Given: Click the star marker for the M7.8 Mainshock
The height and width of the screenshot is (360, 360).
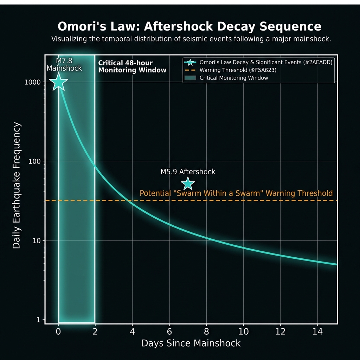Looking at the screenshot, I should (59, 82).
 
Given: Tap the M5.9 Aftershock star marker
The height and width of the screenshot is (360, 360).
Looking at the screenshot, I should (188, 184).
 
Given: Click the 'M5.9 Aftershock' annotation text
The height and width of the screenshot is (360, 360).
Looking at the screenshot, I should (188, 172).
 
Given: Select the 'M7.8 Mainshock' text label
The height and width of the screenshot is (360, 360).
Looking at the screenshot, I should (64, 65).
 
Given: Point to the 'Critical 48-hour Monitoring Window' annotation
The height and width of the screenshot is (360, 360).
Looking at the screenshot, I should (132, 66).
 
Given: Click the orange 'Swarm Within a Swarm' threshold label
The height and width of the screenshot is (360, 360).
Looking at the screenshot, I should (236, 193).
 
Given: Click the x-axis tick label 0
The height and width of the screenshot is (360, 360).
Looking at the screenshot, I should (59, 332).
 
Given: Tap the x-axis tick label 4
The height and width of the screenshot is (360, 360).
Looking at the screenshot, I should (132, 332).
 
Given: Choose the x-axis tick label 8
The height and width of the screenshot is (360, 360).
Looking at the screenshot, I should (206, 332).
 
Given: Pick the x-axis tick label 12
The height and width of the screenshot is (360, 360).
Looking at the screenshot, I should (280, 332).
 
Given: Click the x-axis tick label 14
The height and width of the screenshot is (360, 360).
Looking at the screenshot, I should (317, 332).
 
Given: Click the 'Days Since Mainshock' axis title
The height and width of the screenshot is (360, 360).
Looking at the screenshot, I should (191, 343).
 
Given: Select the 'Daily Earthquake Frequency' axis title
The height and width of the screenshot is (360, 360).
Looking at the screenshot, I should (17, 186).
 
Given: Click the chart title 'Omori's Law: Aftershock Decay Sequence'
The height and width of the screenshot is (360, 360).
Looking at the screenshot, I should (189, 27).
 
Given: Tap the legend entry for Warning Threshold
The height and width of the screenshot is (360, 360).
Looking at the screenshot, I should (238, 70).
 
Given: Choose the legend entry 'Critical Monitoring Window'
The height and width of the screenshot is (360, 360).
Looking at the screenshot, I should (233, 78).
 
